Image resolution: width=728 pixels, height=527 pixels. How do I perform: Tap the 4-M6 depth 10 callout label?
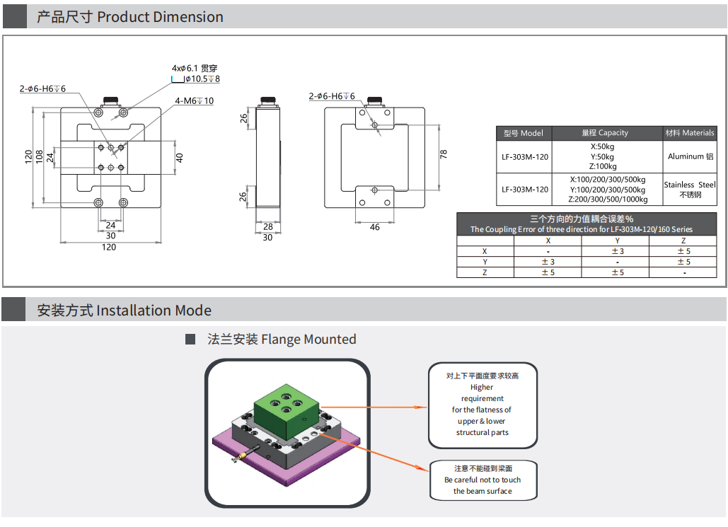(194, 101)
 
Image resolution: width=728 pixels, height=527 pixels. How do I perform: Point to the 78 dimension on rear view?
(444, 154)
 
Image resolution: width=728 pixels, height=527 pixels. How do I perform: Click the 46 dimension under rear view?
(374, 227)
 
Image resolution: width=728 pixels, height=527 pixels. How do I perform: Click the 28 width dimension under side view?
(267, 227)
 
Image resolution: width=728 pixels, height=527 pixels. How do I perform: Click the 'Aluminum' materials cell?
(691, 156)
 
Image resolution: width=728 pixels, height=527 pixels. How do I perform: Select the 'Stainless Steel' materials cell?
(690, 189)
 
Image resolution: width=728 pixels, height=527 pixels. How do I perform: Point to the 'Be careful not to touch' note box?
(483, 480)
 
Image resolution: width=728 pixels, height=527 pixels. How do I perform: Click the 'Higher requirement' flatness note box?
(483, 405)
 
